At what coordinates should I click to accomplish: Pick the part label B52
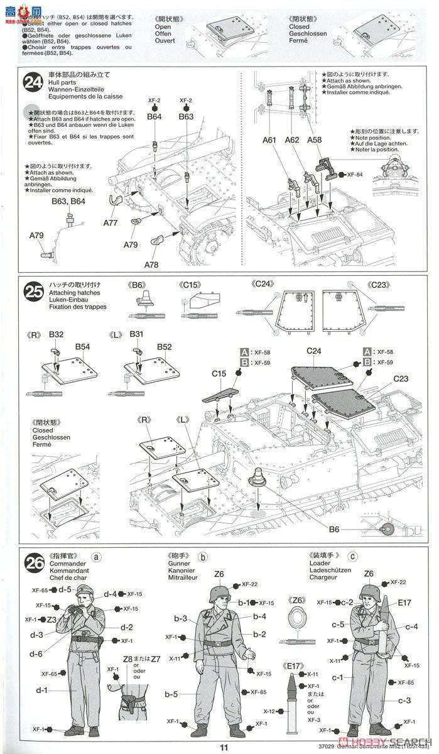165,346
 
